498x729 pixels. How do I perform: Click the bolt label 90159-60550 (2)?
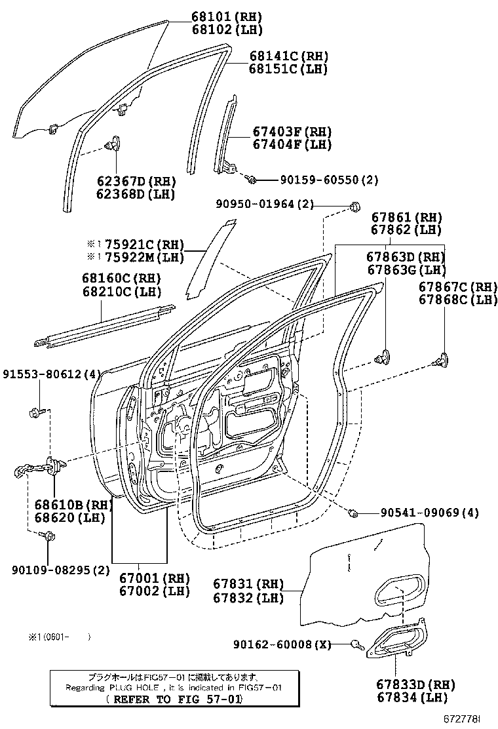point(320,180)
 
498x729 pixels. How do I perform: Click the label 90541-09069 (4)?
point(425,513)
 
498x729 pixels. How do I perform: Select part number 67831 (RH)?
point(248,584)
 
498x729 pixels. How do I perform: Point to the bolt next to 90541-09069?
point(353,513)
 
